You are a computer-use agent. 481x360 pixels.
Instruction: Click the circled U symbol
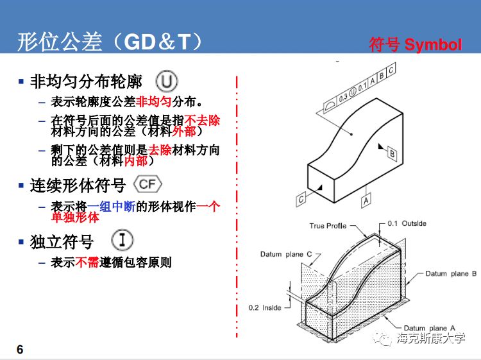click(167, 81)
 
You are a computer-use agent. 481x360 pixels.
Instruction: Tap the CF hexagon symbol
click(148, 185)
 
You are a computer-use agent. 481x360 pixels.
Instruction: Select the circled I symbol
click(122, 240)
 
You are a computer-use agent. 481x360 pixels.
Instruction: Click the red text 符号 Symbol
click(415, 45)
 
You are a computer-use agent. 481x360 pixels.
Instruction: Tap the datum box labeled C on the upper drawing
click(301, 200)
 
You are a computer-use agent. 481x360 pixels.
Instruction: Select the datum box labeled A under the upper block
click(366, 201)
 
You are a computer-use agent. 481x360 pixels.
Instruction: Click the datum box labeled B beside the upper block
click(392, 153)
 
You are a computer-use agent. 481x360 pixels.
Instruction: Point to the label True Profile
click(328, 226)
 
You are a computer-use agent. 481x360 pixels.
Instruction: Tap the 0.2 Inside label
click(265, 307)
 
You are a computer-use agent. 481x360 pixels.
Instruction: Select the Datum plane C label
click(286, 254)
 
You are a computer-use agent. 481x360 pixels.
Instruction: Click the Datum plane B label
click(451, 273)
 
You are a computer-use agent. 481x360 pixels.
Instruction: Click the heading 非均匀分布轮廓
click(86, 82)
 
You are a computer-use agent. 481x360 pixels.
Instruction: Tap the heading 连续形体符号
click(78, 186)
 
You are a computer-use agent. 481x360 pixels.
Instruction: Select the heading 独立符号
click(62, 242)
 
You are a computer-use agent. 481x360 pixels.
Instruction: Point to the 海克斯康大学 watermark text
click(430, 339)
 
